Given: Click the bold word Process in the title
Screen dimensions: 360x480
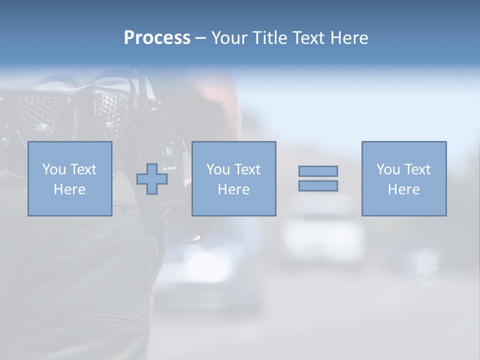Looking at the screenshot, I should coord(157,38).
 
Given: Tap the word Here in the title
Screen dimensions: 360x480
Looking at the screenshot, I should coord(348,38).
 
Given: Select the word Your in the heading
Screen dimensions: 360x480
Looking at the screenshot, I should coord(229,38).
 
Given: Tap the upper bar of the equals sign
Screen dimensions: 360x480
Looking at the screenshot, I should coord(318,171).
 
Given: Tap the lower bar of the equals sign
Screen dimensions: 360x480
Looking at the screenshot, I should coord(318,185).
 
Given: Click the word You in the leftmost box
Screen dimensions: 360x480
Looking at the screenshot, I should coord(54,169).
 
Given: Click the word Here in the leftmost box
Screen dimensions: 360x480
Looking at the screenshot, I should coord(69,189).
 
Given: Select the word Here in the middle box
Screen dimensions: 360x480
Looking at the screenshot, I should coord(233,189).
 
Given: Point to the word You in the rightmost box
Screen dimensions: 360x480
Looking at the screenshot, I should coord(388,169).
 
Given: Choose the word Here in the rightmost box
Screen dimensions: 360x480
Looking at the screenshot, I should coord(404,189).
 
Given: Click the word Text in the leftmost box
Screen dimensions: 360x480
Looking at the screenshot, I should coord(83,169).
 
